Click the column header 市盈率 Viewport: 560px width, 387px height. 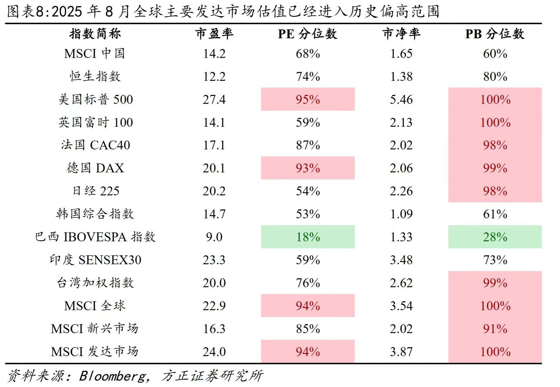point(214,34)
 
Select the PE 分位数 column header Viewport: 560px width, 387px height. point(307,34)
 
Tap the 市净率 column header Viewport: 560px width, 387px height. point(401,34)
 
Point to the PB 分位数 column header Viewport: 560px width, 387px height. point(494,34)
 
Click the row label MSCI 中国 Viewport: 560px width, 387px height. point(94,54)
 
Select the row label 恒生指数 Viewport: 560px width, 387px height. point(95,76)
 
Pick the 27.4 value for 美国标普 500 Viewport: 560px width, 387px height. point(214,100)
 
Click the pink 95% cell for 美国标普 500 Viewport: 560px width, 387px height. point(308,100)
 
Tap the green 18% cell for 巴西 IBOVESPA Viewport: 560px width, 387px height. point(308,237)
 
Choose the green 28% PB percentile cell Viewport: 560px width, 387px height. point(495,237)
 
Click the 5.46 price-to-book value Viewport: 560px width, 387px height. point(401,100)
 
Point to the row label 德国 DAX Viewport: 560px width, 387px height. point(95,168)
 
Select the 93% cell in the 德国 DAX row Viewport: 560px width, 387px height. point(308,168)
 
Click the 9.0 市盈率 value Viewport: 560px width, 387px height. point(214,237)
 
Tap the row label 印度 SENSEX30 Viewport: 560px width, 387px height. point(95,260)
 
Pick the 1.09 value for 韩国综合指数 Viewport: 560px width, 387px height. point(401,214)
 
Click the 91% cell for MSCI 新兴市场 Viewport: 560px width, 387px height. point(495,329)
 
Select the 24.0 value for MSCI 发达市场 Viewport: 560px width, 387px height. point(214,352)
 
